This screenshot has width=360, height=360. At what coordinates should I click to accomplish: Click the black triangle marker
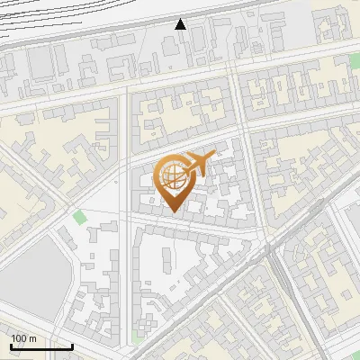(181, 24)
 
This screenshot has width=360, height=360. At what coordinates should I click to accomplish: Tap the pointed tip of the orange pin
(175, 212)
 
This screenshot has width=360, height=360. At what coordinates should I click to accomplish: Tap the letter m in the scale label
(34, 338)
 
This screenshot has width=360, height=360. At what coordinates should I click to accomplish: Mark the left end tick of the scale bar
(11, 346)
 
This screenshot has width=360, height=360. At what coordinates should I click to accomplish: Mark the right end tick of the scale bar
(72, 346)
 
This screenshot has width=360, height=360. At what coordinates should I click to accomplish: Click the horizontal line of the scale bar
(41, 346)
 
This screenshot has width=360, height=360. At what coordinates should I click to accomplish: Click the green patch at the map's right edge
(355, 61)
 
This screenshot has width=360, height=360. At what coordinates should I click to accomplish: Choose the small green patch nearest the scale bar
(136, 337)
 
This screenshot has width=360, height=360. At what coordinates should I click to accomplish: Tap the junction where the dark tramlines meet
(271, 251)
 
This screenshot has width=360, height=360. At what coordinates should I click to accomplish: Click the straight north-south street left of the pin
(127, 180)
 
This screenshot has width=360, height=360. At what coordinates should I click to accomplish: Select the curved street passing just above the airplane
(180, 144)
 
